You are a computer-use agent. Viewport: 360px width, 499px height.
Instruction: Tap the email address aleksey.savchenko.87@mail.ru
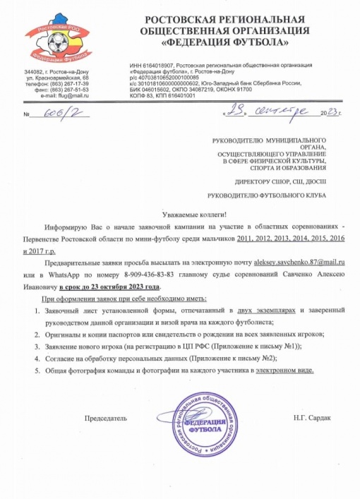point(296,261)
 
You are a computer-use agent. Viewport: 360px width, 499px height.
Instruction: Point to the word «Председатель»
point(106,419)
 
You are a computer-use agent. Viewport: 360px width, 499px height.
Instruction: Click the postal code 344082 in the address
point(34,73)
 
